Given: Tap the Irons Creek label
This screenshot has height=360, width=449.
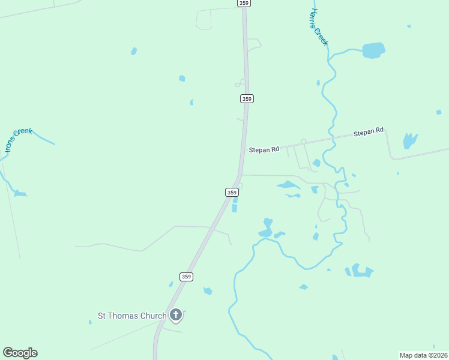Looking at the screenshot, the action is point(18,140).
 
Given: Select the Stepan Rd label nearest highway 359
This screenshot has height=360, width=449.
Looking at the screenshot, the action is point(264,149).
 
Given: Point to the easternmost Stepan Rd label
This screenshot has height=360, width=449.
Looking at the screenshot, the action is point(368,131).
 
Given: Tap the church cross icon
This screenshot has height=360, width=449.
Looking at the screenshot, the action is point(176,314).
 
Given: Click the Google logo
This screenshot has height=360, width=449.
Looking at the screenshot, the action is point(20,353).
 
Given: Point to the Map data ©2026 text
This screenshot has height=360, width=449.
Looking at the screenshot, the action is point(423,355).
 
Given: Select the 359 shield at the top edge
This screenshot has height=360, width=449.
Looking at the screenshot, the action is point(243,3).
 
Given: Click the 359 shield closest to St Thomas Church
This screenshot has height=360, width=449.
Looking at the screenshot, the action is point(187,277).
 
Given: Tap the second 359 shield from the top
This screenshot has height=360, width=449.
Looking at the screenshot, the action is point(247,98).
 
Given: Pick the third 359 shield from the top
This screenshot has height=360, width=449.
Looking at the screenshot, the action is point(232,192).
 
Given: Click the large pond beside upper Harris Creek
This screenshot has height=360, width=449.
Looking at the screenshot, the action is point(373,50).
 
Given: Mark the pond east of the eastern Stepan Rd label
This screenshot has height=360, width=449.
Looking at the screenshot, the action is point(410,140).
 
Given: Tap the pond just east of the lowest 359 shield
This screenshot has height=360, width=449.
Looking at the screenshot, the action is point(208,291).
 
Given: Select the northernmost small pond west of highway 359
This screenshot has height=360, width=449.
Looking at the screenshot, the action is point(133,51).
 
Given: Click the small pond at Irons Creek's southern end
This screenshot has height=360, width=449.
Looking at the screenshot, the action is point(20,194).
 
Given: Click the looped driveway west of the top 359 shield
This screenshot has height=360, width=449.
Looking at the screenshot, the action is point(204,19).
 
